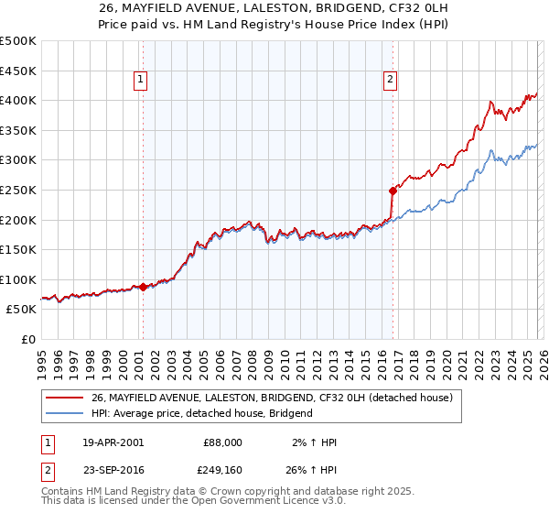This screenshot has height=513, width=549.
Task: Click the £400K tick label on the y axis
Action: tap(18, 100)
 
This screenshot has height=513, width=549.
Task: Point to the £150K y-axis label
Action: tap(18, 249)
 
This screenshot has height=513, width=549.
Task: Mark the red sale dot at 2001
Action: tap(143, 287)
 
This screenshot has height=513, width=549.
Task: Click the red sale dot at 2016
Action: tap(393, 191)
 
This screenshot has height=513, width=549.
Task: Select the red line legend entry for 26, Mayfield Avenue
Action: tap(271, 398)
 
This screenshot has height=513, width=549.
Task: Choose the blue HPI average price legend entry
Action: tap(201, 413)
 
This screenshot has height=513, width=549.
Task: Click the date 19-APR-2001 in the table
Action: tap(113, 442)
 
